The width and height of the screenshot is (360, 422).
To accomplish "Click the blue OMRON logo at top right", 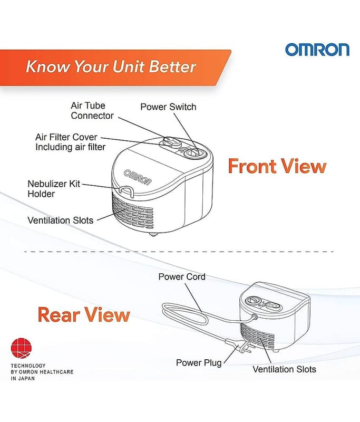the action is (x=317, y=50).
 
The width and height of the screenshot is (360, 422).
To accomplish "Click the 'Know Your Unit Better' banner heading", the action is (x=111, y=66).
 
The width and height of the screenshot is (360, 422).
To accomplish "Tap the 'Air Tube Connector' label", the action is (x=92, y=110).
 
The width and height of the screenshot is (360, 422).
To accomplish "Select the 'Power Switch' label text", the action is (x=168, y=107).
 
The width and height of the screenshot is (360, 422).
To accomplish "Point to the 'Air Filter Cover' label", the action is (x=66, y=137).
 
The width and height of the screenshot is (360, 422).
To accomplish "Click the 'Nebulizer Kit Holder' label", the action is (x=54, y=189).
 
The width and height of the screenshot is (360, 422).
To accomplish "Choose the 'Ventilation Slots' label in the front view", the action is (x=60, y=220).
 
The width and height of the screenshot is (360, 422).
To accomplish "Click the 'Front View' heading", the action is (x=277, y=166).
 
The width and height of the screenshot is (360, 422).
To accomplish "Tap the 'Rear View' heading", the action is (x=84, y=314).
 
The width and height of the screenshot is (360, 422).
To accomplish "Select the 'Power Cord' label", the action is (x=182, y=276).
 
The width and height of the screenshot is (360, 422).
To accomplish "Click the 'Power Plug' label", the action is (x=199, y=363).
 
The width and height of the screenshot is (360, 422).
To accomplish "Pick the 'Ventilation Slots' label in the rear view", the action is (x=284, y=369).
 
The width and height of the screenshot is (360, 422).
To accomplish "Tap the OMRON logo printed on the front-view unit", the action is (x=138, y=177).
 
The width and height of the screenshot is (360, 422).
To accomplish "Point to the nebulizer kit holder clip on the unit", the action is (x=126, y=191).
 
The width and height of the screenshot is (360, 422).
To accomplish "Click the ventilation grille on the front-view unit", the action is (x=132, y=212).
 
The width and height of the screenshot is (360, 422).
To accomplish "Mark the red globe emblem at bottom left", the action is (x=21, y=349).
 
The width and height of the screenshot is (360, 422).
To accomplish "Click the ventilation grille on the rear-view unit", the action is (x=257, y=336).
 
